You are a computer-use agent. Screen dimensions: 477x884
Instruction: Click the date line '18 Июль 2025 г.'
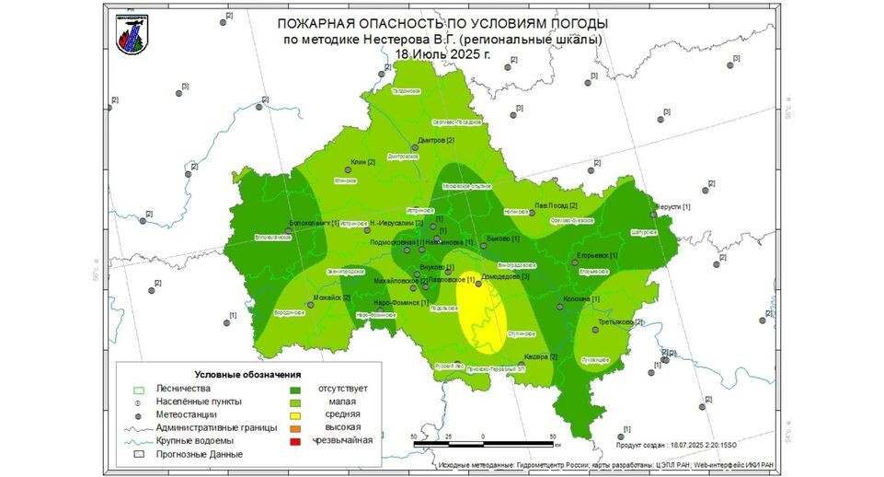[442, 54]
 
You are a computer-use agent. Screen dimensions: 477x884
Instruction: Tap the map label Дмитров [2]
[436, 140]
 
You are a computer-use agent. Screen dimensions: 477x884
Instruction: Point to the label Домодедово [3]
[505, 276]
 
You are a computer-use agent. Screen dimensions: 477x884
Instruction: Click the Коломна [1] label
[581, 299]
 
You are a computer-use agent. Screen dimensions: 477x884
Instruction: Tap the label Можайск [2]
[333, 297]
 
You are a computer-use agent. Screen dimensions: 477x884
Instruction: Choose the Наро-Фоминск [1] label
[401, 302]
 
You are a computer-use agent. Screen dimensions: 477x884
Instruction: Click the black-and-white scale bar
[483, 444]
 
